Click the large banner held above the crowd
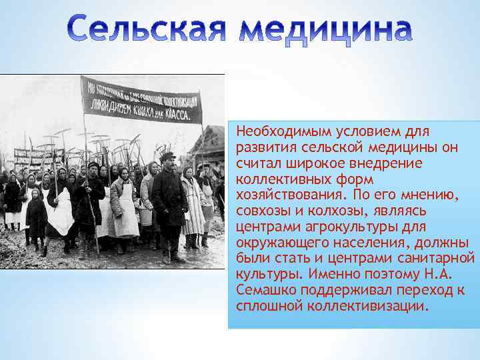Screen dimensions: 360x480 coord(141,100)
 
